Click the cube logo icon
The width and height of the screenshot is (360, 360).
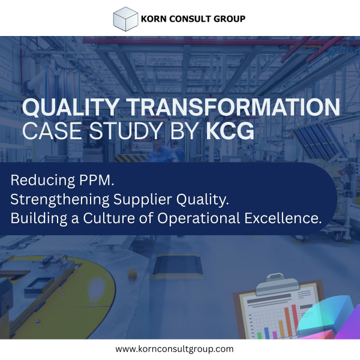(125, 19)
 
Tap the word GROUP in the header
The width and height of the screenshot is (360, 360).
(229, 19)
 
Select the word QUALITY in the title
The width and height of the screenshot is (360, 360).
(71, 107)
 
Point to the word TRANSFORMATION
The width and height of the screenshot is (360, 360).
(233, 107)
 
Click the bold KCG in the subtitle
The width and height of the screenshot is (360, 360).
(230, 131)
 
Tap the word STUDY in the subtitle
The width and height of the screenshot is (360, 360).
(126, 131)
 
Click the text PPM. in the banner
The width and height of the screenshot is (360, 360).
(97, 180)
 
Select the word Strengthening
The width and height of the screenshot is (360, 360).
(60, 200)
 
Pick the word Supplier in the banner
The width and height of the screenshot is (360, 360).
(143, 200)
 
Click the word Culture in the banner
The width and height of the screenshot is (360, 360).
(109, 218)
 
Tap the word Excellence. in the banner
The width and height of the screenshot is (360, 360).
(283, 218)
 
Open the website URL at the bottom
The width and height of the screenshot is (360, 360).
(175, 349)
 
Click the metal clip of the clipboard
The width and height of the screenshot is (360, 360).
(277, 284)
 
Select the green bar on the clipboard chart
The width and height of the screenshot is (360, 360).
(259, 335)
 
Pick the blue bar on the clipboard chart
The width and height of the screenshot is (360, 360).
(267, 333)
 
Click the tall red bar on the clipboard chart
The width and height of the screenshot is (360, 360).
(295, 319)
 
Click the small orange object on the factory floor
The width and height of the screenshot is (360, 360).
(132, 274)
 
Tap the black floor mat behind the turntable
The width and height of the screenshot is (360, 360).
(177, 267)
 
